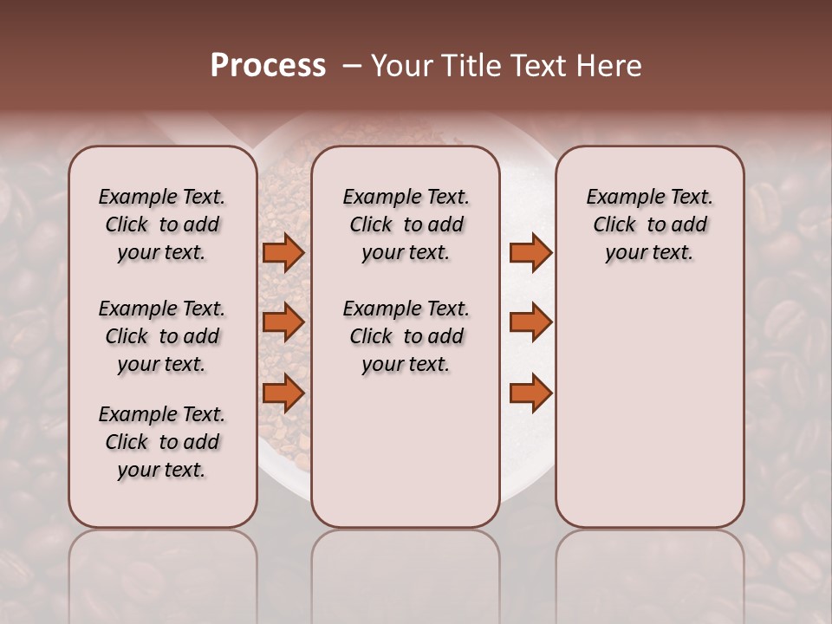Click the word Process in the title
pos(268,66)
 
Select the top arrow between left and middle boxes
pos(283,252)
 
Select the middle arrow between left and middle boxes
pos(283,322)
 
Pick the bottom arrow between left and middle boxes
pos(283,393)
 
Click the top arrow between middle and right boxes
pos(530,252)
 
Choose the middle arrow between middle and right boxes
pos(530,322)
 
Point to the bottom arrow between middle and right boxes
pos(530,393)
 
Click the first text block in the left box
pos(162,224)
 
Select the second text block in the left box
pos(162,336)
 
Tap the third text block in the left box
pos(162,442)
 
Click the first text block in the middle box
pos(406,224)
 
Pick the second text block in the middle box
pos(406,336)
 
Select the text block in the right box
pos(649,224)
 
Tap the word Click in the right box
pos(614,225)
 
